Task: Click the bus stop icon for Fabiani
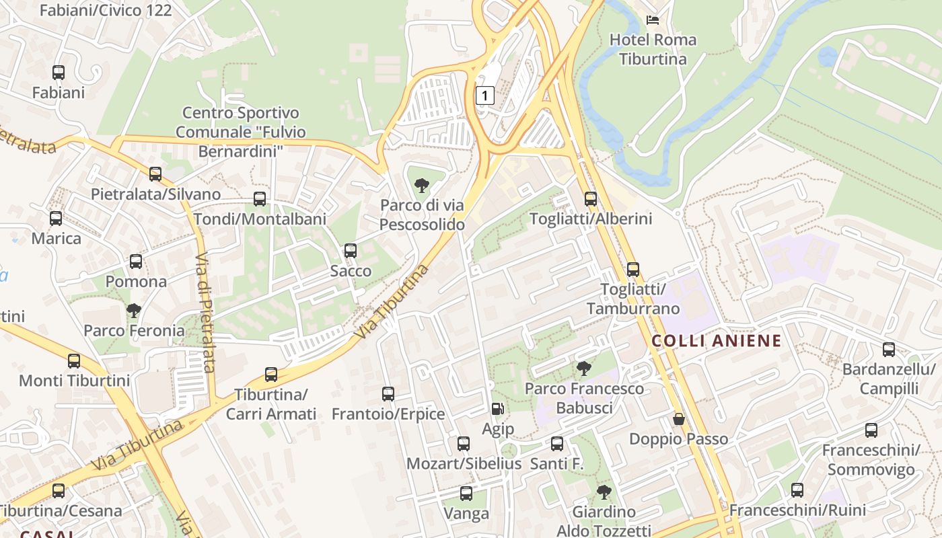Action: [x=59, y=72]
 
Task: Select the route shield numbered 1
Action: [x=484, y=95]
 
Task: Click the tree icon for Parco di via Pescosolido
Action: [x=422, y=185]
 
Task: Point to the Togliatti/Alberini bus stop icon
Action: [x=591, y=199]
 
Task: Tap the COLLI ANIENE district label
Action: [x=717, y=340]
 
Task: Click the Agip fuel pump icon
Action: [x=497, y=408]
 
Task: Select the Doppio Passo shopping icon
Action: [x=678, y=419]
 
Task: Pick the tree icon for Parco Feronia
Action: [x=134, y=310]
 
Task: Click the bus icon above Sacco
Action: [x=351, y=251]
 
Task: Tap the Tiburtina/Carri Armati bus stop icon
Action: [x=271, y=374]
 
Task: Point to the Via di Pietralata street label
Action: [x=205, y=313]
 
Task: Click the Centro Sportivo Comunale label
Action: [x=241, y=132]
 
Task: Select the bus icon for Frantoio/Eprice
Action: [x=388, y=393]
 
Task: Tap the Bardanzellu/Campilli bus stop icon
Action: [x=889, y=349]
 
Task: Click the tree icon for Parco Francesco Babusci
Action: [x=584, y=368]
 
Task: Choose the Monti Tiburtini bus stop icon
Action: [x=74, y=360]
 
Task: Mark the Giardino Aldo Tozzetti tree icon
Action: [x=604, y=492]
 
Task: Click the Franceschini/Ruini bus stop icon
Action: [x=797, y=490]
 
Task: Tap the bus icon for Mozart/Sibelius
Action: [x=464, y=443]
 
